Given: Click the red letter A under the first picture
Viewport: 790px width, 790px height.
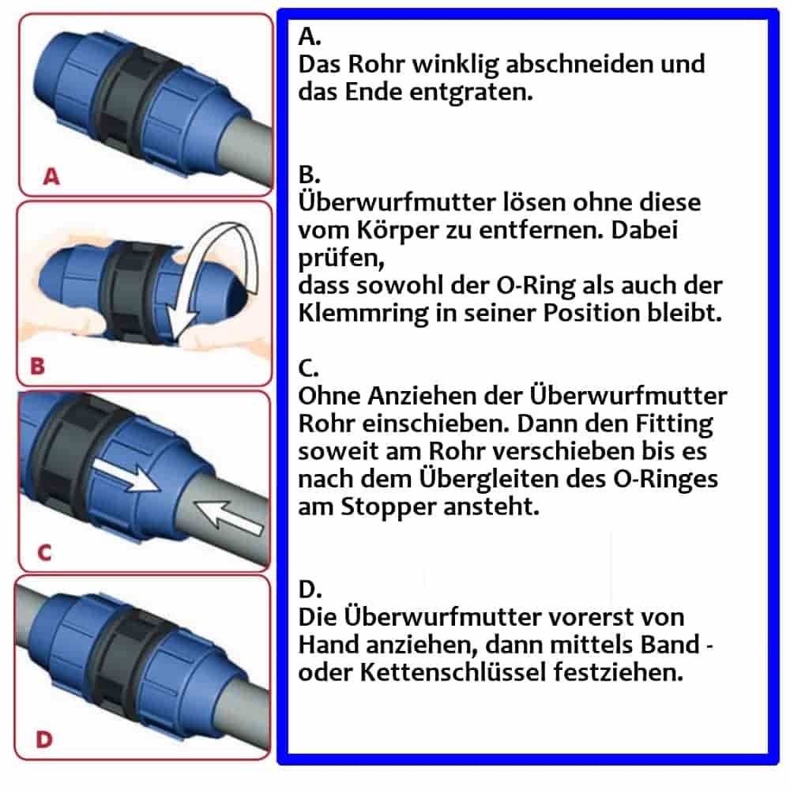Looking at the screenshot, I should coord(51,177).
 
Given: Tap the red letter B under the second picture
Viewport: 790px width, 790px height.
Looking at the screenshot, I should coord(36,367).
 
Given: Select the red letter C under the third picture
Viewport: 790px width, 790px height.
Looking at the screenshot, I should coord(44,553).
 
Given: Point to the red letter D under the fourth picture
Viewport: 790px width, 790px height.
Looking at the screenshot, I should coord(45,740).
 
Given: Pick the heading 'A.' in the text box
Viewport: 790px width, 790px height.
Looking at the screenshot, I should coord(310,36).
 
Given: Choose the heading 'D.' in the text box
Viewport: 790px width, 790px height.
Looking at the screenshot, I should coord(310,589).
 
